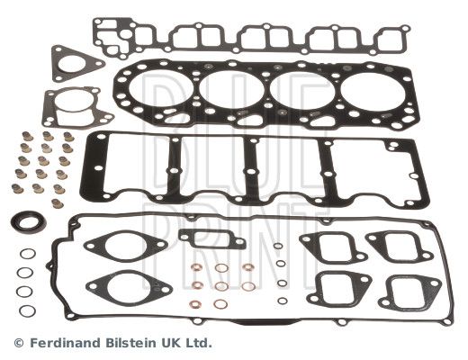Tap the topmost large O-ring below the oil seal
coord(28,254)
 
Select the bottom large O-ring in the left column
coord(28,310)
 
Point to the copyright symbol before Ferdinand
coord(19,343)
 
